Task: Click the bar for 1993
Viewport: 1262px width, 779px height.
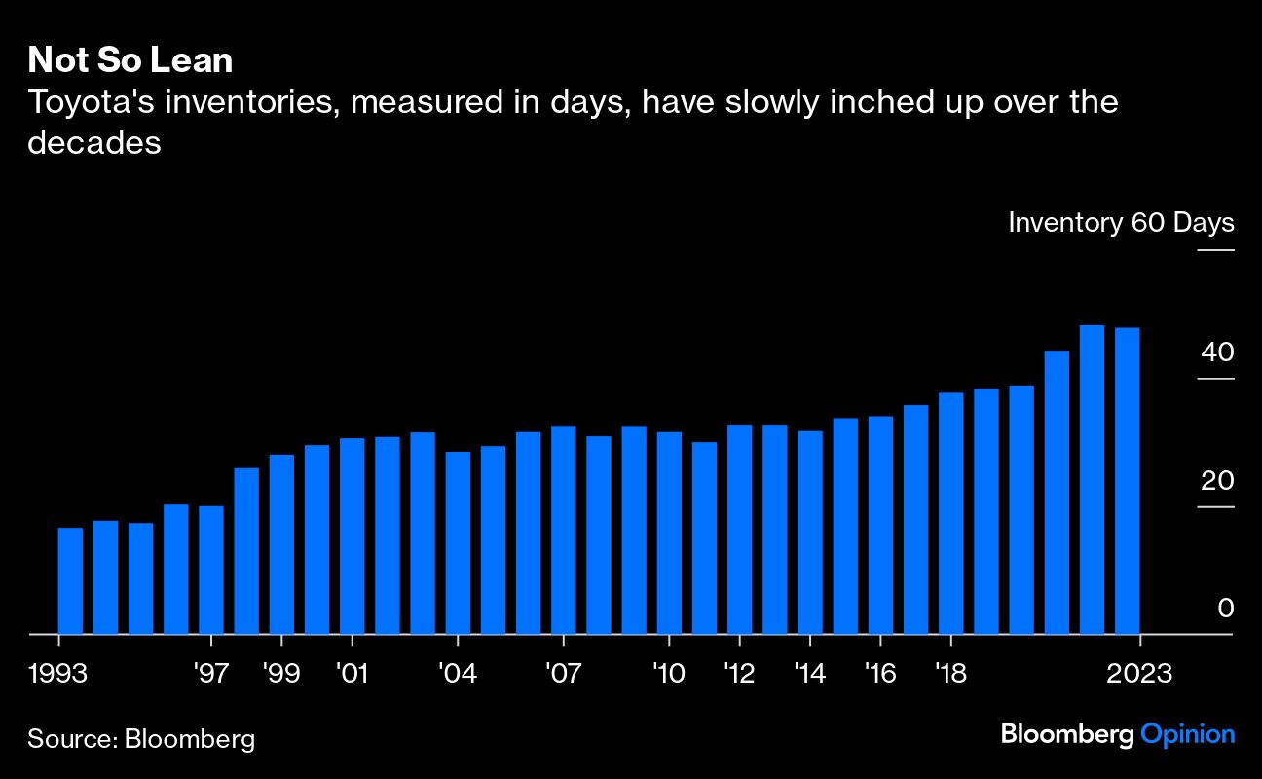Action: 70,580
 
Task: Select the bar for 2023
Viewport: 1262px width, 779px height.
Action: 1127,481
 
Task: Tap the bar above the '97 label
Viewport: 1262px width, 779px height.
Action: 211,570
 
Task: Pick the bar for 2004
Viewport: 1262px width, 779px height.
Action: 458,542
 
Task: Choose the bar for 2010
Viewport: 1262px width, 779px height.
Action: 669,533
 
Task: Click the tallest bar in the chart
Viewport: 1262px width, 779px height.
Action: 1092,479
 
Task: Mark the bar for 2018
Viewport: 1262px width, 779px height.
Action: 950,513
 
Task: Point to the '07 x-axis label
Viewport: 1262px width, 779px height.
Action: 563,673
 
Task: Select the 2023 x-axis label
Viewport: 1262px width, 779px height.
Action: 1138,673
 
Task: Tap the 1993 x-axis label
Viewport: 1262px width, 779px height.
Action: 59,673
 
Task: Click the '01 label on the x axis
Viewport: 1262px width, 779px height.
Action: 351,673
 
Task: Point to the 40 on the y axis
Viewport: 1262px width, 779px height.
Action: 1217,352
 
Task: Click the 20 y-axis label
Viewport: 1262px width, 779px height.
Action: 1217,480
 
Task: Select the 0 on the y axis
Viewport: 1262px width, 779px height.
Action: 1226,608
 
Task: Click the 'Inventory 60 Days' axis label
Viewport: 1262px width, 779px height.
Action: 1120,222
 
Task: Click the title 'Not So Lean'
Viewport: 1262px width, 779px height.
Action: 130,61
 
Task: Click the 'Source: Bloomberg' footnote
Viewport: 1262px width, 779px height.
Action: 141,738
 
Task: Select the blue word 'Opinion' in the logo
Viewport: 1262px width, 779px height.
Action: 1187,733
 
